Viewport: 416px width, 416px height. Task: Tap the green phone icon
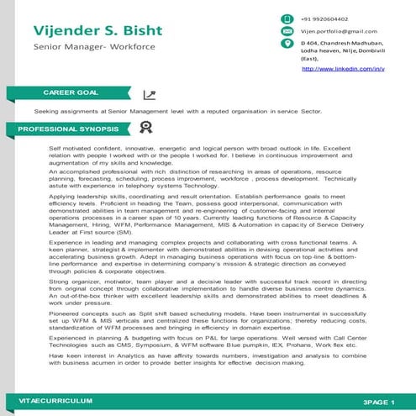pyautogui.click(x=287, y=18)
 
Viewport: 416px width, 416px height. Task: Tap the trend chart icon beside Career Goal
pyautogui.click(x=149, y=95)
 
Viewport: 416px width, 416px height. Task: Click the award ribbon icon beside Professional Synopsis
pyautogui.click(x=145, y=128)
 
